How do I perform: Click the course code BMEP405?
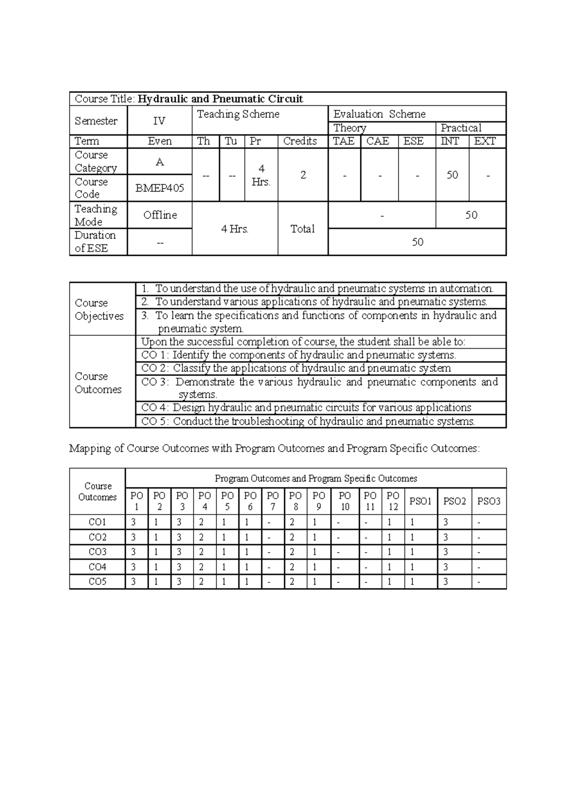coord(160,188)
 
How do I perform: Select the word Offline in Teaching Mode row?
coord(160,215)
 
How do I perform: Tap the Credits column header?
coord(300,142)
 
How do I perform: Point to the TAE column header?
coord(344,142)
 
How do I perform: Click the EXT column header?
coord(485,142)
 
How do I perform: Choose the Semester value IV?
coord(159,121)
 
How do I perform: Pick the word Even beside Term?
coord(160,142)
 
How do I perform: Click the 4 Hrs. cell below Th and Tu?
coord(235,229)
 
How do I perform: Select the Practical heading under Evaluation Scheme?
coord(461,128)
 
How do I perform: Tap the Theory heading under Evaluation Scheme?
coord(350,128)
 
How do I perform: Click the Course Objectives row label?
coord(99,310)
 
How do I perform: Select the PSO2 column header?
coord(454,501)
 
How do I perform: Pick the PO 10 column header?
coord(345,501)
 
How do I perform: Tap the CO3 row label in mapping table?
coord(97,552)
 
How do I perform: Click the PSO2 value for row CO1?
coord(446,522)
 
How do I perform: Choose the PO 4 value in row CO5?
coord(202,582)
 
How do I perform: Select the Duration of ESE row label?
coord(95,242)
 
